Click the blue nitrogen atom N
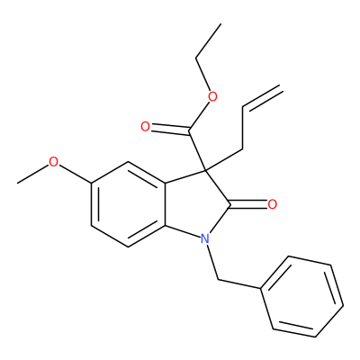click(204, 238)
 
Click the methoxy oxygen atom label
click(53, 162)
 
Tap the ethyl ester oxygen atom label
click(212, 96)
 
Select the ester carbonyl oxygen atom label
click(145, 127)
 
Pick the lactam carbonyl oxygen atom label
click(273, 204)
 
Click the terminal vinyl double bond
click(263, 97)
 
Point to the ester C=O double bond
click(169, 130)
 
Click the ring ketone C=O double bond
click(248, 204)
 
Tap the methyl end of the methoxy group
click(17, 183)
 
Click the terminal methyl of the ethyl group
click(221, 24)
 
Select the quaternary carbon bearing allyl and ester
click(205, 170)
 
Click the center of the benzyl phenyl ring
click(301, 296)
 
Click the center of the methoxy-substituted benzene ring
click(129, 204)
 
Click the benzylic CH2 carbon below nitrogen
click(218, 281)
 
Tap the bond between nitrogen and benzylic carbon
click(212, 262)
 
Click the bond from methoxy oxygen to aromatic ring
click(75, 173)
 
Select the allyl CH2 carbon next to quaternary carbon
click(242, 149)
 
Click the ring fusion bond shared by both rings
click(166, 204)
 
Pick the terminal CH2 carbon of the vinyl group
click(282, 86)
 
